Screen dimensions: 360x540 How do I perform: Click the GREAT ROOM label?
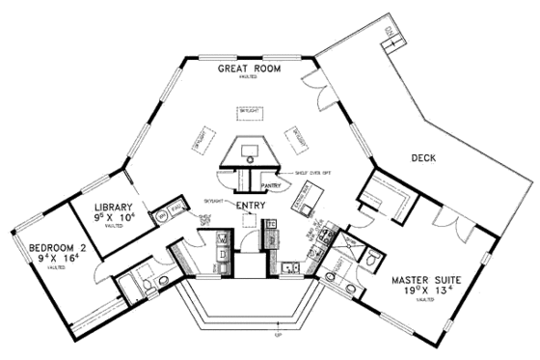[x=249, y=69]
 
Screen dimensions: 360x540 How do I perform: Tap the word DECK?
[x=425, y=157]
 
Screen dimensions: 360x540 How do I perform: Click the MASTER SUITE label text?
[x=432, y=282]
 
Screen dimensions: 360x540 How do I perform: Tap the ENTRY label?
[x=251, y=204]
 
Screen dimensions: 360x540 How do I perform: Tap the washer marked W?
[x=221, y=236]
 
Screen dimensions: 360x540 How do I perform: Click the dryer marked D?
[x=221, y=255]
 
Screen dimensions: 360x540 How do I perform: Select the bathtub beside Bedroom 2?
[x=184, y=262]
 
